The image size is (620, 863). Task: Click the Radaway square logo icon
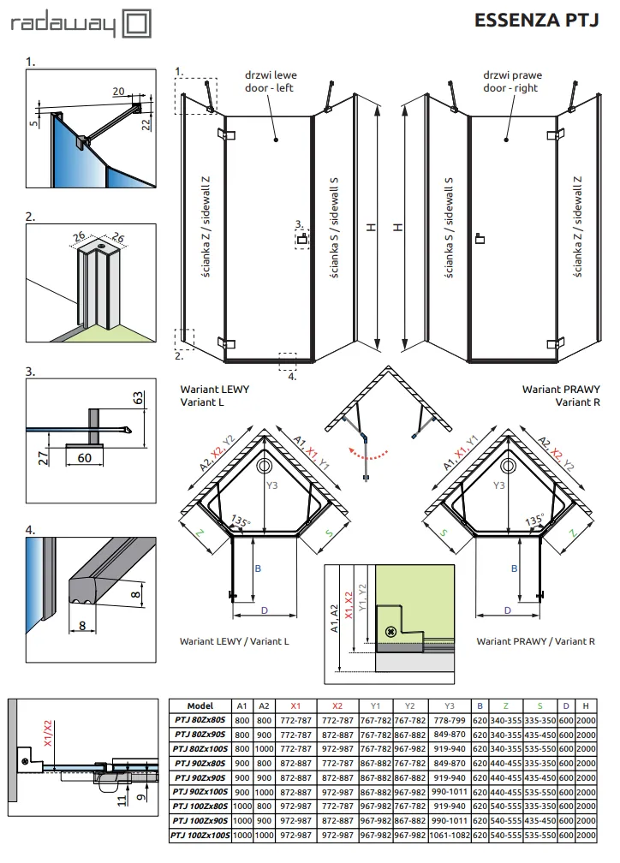pyautogui.click(x=135, y=24)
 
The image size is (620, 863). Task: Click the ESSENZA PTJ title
pyautogui.click(x=536, y=21)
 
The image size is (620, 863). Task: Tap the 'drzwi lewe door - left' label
pyautogui.click(x=271, y=81)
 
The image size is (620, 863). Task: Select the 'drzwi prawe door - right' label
pyautogui.click(x=512, y=81)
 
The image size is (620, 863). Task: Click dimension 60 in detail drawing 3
pyautogui.click(x=84, y=458)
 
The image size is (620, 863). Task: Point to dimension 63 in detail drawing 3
pyautogui.click(x=138, y=397)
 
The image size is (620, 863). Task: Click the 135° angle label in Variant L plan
pyautogui.click(x=241, y=521)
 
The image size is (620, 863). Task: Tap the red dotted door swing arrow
pyautogui.click(x=368, y=454)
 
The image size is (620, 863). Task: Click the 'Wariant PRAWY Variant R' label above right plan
pyautogui.click(x=561, y=396)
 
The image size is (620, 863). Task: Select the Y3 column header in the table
pyautogui.click(x=450, y=705)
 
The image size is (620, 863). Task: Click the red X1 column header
pyautogui.click(x=295, y=705)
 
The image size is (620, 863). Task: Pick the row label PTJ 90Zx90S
pyautogui.click(x=200, y=777)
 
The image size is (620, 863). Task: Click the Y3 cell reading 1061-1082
pyautogui.click(x=450, y=835)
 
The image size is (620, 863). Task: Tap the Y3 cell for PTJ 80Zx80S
pyautogui.click(x=450, y=720)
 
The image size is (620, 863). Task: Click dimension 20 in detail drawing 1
pyautogui.click(x=118, y=92)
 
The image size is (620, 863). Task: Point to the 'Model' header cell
pyautogui.click(x=200, y=705)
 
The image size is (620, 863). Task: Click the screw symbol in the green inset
pyautogui.click(x=391, y=631)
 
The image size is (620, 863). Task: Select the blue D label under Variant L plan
pyautogui.click(x=265, y=610)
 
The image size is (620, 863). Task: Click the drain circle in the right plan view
pyautogui.click(x=508, y=466)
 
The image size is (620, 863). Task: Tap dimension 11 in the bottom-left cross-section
pyautogui.click(x=122, y=799)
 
